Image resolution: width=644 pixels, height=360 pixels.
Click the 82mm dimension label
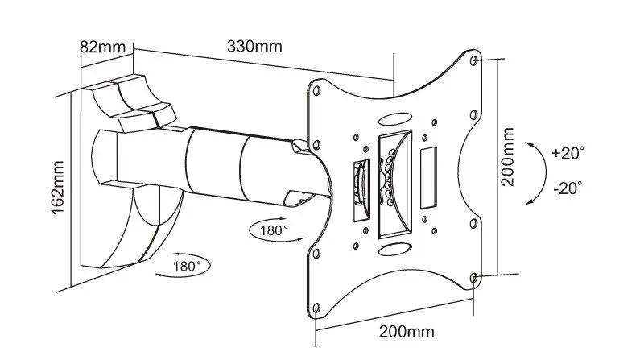click(101, 46)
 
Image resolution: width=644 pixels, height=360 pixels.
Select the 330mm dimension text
click(254, 46)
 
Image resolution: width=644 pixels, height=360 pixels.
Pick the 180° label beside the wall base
click(188, 263)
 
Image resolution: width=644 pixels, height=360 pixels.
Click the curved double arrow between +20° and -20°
click(534, 169)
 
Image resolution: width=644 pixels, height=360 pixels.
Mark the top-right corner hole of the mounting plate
click(473, 60)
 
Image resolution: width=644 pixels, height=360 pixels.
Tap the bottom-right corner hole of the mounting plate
click(473, 278)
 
